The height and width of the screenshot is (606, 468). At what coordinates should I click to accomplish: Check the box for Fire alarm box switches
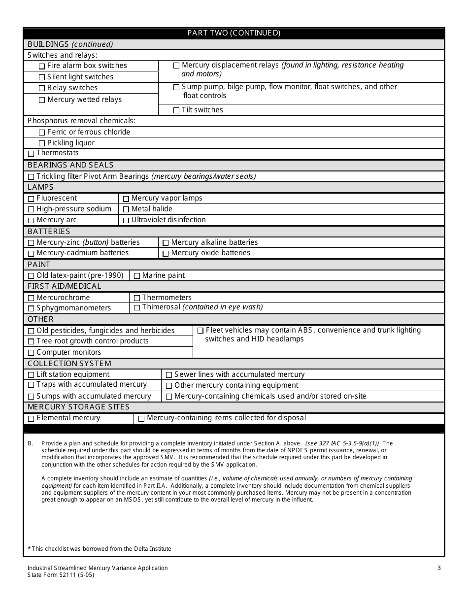pyautogui.click(x=42, y=66)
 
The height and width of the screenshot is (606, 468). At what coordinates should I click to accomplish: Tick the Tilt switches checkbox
pyautogui.click(x=176, y=110)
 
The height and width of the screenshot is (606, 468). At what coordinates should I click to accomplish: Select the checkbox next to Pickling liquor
pyautogui.click(x=42, y=143)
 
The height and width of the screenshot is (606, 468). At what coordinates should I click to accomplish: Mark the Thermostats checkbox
pyautogui.click(x=31, y=154)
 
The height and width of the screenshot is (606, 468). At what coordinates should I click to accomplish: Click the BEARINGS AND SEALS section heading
pyautogui.click(x=70, y=165)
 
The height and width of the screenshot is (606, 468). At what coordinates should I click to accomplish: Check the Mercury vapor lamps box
pyautogui.click(x=126, y=199)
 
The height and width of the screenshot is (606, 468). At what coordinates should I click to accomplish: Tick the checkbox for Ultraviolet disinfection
pyautogui.click(x=126, y=220)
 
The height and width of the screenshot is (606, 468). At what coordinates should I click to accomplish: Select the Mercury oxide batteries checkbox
pyautogui.click(x=166, y=253)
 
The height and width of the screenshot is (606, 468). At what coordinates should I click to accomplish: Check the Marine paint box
pyautogui.click(x=137, y=276)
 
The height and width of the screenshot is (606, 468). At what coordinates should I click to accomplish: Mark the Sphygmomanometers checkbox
pyautogui.click(x=31, y=308)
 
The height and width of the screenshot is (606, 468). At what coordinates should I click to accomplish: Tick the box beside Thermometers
pyautogui.click(x=137, y=298)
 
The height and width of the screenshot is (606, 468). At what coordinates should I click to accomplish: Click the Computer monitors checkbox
pyautogui.click(x=31, y=353)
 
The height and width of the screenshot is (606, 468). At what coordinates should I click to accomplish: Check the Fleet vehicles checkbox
pyautogui.click(x=201, y=331)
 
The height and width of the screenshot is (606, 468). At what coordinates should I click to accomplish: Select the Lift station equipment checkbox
pyautogui.click(x=31, y=375)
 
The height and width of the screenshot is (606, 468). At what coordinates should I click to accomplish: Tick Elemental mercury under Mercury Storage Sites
pyautogui.click(x=31, y=419)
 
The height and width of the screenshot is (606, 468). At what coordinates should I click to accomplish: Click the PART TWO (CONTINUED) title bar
pyautogui.click(x=234, y=33)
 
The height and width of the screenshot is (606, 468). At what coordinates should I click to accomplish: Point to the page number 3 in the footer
pyautogui.click(x=439, y=568)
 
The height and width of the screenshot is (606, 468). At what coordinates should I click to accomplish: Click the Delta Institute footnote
pyautogui.click(x=100, y=548)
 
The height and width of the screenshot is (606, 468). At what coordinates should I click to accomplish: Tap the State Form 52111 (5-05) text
pyautogui.click(x=61, y=575)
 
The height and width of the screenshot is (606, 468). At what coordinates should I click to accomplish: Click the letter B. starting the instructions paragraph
pyautogui.click(x=31, y=443)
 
